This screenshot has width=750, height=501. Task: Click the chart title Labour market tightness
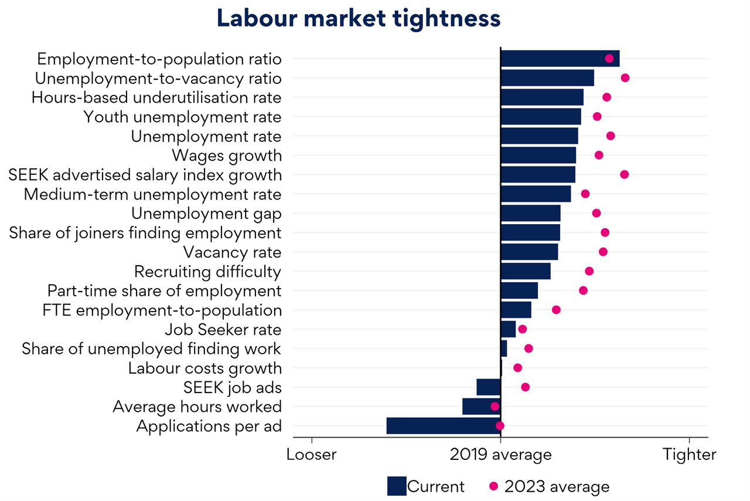click(359, 19)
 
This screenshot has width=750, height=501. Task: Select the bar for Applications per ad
click(443, 426)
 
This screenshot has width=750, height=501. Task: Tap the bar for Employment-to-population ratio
click(560, 59)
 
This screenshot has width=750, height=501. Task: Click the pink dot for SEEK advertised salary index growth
click(625, 175)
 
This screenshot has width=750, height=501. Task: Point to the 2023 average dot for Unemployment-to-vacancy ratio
click(625, 78)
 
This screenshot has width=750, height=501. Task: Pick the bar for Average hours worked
click(481, 407)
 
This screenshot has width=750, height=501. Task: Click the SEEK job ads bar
click(488, 387)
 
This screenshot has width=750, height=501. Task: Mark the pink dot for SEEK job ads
click(526, 387)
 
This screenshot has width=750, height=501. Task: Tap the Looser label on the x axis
click(312, 455)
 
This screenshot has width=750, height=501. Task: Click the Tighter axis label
click(690, 455)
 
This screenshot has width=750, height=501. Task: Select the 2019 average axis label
click(501, 455)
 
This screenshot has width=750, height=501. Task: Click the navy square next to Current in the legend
click(397, 486)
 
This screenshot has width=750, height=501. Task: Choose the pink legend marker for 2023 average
click(493, 486)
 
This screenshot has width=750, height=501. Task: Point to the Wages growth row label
click(227, 155)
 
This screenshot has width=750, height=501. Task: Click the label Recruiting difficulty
click(208, 272)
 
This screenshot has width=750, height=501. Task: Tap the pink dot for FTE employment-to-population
click(556, 310)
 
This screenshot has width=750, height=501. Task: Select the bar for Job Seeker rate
click(508, 329)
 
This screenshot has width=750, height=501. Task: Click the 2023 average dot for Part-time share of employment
click(583, 290)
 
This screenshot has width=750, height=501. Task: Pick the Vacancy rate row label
click(233, 252)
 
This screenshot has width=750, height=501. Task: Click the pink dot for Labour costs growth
click(517, 368)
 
